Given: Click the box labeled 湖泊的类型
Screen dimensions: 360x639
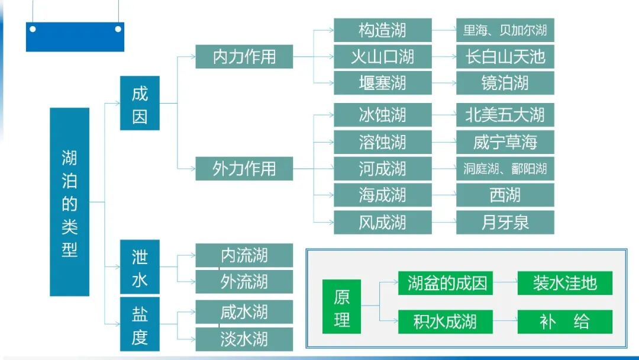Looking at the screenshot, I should tap(70, 202).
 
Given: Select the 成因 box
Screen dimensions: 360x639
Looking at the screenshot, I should tap(140, 103).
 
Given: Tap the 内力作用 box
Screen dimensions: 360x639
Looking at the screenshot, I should tap(244, 57).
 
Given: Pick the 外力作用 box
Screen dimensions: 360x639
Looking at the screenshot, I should tap(244, 169).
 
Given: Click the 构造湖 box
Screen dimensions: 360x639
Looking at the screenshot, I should tap(382, 30).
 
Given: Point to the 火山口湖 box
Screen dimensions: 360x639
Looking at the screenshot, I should tap(382, 57).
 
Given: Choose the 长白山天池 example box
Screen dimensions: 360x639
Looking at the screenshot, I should tap(505, 57).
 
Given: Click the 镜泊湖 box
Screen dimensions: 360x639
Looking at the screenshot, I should tap(505, 83).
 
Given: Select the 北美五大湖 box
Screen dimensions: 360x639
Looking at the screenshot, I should tap(505, 115).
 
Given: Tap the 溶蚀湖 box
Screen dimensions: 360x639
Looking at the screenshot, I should tap(382, 142).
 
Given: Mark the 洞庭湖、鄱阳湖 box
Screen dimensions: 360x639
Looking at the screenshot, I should tap(505, 169).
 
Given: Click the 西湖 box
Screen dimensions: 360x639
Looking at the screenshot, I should tap(505, 195).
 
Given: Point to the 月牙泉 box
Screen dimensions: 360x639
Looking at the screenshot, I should tap(505, 222).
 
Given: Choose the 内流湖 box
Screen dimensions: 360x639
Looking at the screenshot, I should tap(244, 255).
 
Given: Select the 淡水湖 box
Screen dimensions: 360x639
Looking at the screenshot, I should tap(244, 339).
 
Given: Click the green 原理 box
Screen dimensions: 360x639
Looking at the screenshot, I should tap(341, 309).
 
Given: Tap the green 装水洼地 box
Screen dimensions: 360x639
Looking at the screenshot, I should tap(564, 283).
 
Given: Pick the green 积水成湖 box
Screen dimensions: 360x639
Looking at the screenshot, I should tap(445, 322).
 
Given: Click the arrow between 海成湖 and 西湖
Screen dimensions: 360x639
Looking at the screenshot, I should tap(444, 195).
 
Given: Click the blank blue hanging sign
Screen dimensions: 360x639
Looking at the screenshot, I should tap(75, 37).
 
